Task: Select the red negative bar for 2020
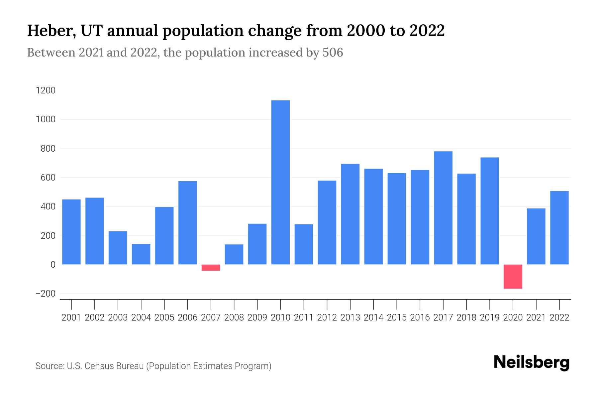click(513, 276)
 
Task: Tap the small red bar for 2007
click(211, 268)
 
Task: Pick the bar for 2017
click(443, 208)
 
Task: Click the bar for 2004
click(141, 254)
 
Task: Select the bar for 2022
click(559, 228)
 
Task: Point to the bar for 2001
click(71, 232)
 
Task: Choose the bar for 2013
click(350, 214)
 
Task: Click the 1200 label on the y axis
click(46, 90)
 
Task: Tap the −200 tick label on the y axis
click(46, 294)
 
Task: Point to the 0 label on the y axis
click(52, 265)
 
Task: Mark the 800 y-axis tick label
click(48, 149)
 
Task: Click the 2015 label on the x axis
click(397, 318)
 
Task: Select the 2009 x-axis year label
click(257, 318)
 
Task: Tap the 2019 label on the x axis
click(490, 318)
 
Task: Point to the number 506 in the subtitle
click(333, 53)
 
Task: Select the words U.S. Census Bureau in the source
click(105, 366)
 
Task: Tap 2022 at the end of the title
click(427, 31)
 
